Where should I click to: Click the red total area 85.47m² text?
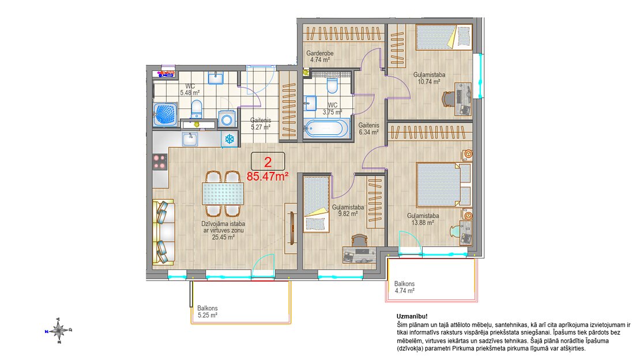tap(268, 177)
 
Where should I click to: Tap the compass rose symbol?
tap(59, 330)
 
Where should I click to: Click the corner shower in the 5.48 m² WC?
tap(165, 114)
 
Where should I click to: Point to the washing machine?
tap(227, 120)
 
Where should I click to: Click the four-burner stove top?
tap(160, 162)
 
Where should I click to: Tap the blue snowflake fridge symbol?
tap(230, 139)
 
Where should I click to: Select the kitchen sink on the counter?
tap(190, 139)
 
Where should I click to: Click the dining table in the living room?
tap(223, 194)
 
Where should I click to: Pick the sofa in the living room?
tap(164, 232)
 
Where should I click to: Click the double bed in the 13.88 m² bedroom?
tap(444, 185)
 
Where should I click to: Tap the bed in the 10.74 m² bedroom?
tap(443, 37)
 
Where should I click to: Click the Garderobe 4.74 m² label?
tap(320, 57)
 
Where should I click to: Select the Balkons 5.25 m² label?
tap(208, 312)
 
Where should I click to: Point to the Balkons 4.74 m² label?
tap(405, 287)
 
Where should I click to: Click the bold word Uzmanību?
tap(412, 316)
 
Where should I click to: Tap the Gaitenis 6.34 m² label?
tap(368, 129)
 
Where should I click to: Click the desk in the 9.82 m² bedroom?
tap(359, 254)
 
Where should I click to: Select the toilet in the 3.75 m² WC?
tap(332, 86)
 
